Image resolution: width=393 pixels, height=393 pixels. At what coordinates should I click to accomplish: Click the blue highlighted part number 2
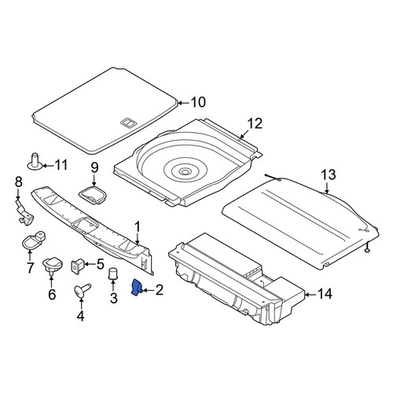(x=136, y=287)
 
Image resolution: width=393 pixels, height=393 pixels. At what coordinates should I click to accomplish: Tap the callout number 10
(x=198, y=102)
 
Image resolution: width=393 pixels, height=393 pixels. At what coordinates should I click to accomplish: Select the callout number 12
(x=255, y=123)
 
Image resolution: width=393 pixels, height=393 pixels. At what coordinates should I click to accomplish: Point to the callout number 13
(x=328, y=175)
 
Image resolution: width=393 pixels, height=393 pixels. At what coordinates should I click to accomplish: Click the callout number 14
(x=325, y=294)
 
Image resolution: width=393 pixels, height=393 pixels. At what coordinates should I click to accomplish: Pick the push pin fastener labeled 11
(x=35, y=161)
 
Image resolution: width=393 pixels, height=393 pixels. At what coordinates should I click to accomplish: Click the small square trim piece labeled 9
(x=93, y=195)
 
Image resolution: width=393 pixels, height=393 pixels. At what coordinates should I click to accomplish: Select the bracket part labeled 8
(x=24, y=212)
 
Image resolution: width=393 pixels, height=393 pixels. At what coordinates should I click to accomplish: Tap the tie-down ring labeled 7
(x=33, y=240)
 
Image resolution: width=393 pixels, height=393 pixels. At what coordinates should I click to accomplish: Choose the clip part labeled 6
(x=53, y=265)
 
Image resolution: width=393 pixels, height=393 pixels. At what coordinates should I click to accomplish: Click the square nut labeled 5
(x=78, y=266)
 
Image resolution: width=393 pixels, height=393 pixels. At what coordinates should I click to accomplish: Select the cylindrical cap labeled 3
(x=113, y=274)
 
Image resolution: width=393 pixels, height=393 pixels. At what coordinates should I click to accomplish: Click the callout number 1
(x=138, y=227)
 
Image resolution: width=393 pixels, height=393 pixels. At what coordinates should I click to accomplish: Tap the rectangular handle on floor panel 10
(x=127, y=123)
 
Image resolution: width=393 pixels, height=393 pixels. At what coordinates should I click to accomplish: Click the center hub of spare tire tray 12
(x=185, y=172)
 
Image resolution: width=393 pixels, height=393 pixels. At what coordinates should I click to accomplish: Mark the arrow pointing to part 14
(x=311, y=295)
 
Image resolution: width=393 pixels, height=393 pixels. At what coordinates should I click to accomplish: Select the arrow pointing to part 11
(x=48, y=166)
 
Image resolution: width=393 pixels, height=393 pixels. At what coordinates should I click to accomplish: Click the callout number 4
(x=81, y=316)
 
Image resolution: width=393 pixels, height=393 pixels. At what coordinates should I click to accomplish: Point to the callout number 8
(x=19, y=182)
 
